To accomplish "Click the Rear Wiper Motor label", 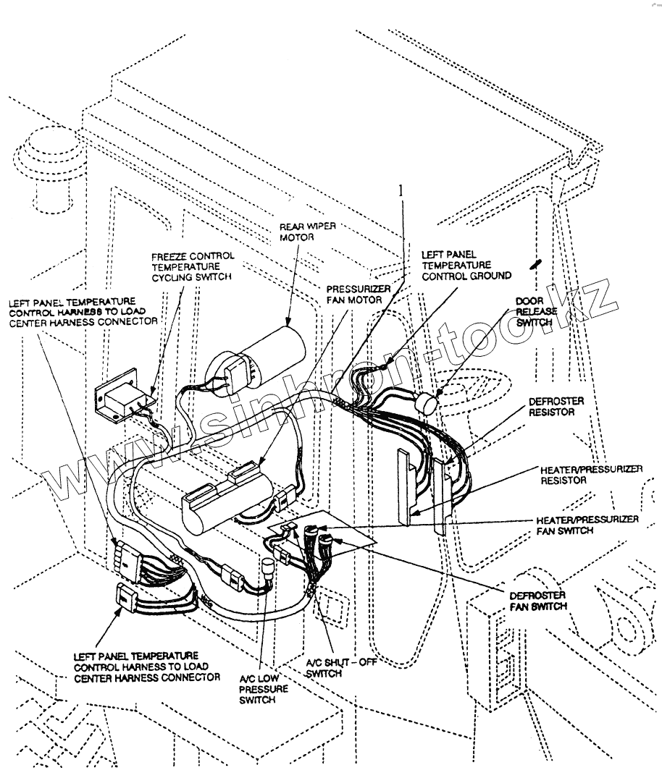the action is click(x=307, y=232).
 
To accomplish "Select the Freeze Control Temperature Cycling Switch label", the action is click(x=193, y=266).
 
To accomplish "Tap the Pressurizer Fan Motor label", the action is click(x=359, y=295).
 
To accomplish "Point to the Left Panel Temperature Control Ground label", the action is click(x=466, y=265).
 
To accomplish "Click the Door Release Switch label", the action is click(x=537, y=312).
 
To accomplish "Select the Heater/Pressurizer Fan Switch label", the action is click(x=587, y=525).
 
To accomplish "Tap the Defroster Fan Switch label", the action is click(x=538, y=601).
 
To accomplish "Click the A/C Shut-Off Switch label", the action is click(x=341, y=668).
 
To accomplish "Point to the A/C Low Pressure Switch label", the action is click(x=264, y=689).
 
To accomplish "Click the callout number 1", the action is click(x=401, y=190).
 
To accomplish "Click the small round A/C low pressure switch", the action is click(x=268, y=565).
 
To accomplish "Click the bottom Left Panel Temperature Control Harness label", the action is click(x=147, y=667).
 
